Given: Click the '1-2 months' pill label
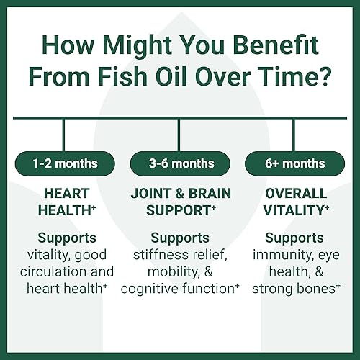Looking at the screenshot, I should click(x=64, y=163).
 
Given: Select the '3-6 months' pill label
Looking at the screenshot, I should click(x=179, y=163).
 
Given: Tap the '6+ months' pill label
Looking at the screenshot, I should click(x=294, y=163).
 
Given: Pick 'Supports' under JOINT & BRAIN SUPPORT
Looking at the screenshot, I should click(x=179, y=238).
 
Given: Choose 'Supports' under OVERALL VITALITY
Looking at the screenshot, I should click(x=294, y=238).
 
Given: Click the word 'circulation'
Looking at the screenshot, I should click(x=50, y=271).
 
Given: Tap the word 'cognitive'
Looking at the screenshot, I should click(x=153, y=288).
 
